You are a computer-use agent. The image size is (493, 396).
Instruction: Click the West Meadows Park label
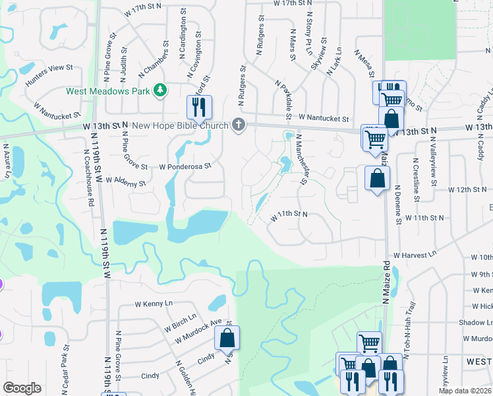(108, 91)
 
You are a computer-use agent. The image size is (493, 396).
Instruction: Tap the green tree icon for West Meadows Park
(159, 90)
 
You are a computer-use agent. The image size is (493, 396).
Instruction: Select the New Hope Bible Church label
(180, 125)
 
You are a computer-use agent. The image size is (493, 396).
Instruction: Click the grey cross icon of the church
(239, 125)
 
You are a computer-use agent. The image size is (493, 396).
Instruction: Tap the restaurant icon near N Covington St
(198, 108)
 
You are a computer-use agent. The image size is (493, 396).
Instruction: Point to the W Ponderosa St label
(185, 166)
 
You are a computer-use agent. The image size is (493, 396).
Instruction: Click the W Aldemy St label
(125, 183)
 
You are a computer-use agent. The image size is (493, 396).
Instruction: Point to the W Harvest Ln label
(415, 254)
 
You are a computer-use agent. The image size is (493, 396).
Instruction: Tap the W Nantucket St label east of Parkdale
(323, 117)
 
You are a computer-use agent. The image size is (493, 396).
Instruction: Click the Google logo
(22, 388)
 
